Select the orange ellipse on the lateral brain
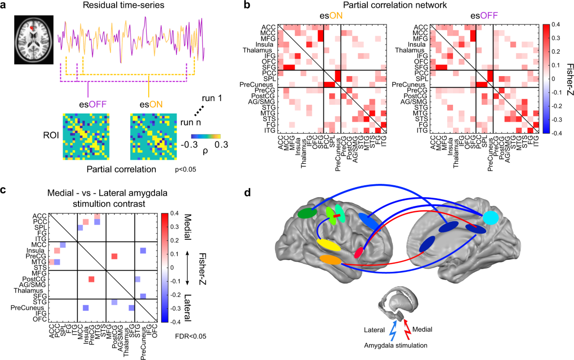(x=330, y=260)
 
